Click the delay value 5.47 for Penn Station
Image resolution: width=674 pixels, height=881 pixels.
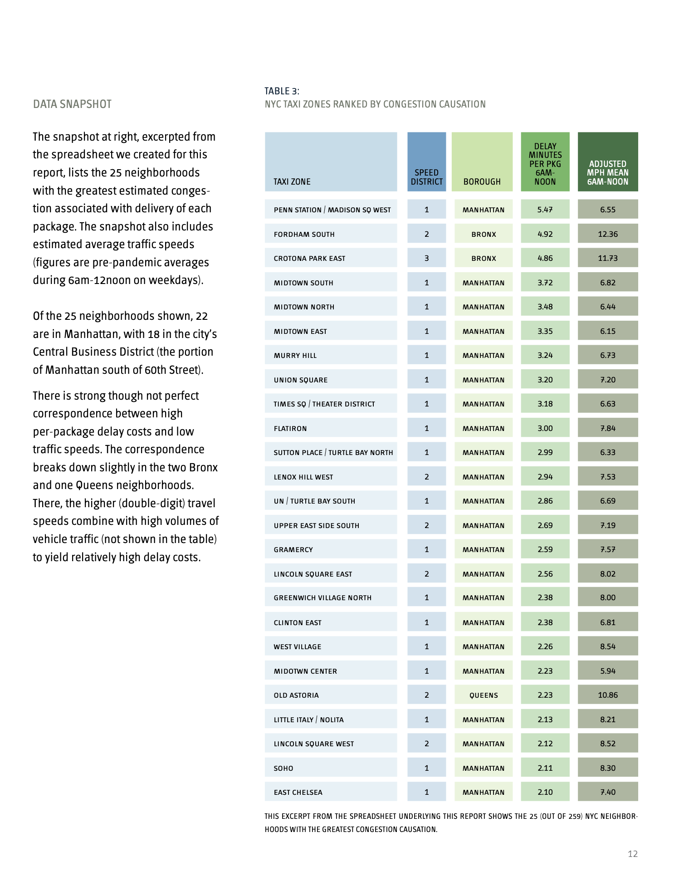tap(545, 210)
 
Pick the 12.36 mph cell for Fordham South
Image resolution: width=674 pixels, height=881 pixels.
tap(608, 234)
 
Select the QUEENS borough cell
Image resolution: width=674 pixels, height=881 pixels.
tap(484, 695)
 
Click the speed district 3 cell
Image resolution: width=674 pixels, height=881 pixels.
tap(426, 258)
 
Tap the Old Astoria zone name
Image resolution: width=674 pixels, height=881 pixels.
tap(296, 695)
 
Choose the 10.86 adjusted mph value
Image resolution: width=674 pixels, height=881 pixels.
tap(608, 695)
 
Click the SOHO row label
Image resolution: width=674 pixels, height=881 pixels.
tap(283, 768)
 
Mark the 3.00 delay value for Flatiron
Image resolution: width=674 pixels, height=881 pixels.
tap(545, 428)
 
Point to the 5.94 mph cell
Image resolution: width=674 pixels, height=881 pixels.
tap(608, 671)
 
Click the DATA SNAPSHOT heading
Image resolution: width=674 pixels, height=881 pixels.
tap(72, 104)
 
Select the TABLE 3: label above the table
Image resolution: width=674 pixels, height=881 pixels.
tap(282, 91)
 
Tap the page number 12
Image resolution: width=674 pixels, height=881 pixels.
tap(633, 854)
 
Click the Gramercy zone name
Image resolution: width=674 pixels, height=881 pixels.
tap(293, 549)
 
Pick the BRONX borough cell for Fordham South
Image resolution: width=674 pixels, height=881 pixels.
tap(484, 234)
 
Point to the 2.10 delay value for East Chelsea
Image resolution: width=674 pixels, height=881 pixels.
tap(545, 792)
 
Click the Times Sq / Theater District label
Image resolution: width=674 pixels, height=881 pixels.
tap(324, 404)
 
